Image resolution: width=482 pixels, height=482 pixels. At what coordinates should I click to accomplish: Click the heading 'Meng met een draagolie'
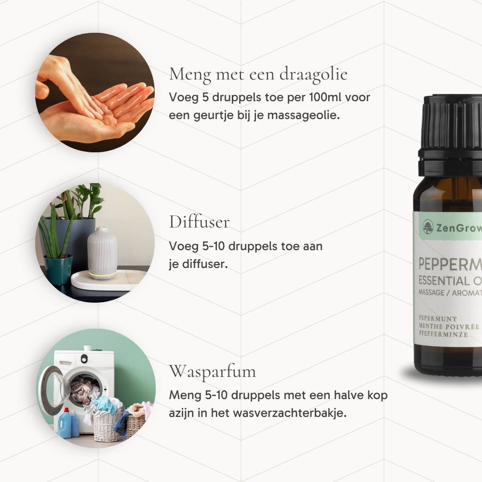click(x=258, y=75)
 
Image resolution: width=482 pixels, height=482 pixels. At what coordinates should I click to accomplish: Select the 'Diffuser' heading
click(x=199, y=222)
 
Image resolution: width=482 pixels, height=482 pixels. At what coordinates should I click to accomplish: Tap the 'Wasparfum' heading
click(x=212, y=372)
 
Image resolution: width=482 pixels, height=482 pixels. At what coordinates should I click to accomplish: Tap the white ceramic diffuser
click(x=102, y=253)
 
